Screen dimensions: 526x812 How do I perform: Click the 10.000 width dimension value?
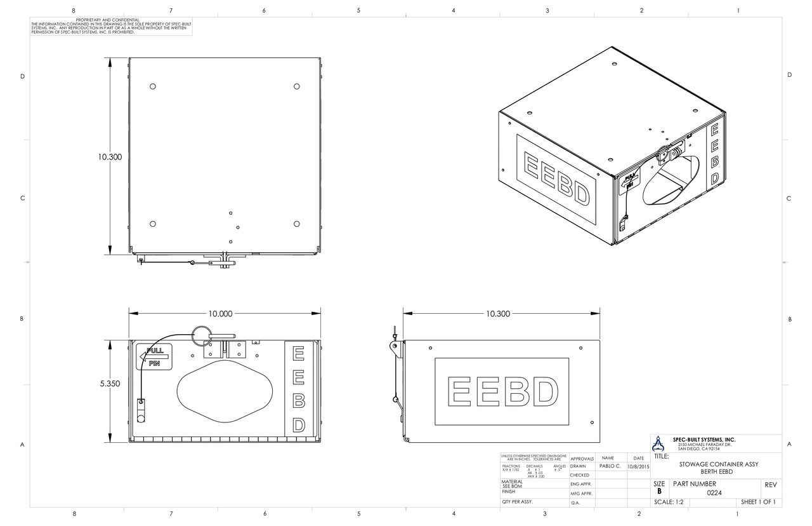220,313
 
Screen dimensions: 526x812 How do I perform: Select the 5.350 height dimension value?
110,384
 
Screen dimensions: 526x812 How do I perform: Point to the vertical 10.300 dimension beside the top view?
110,157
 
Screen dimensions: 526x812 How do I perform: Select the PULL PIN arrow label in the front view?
154,358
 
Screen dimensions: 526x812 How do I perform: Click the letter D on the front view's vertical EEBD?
298,424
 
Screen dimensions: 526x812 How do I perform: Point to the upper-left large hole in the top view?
153,86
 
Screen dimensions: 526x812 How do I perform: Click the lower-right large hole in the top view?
297,224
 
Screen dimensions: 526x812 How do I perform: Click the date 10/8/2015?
638,466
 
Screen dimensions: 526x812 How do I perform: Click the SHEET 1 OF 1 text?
757,502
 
